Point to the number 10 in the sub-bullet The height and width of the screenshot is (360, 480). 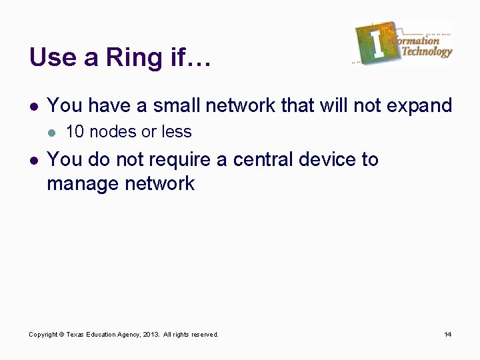(x=75, y=132)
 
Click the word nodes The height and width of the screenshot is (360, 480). (x=109, y=132)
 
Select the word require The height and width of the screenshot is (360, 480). (x=183, y=160)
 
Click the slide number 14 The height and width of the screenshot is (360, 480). (x=447, y=334)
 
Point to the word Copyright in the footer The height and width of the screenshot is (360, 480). (x=43, y=334)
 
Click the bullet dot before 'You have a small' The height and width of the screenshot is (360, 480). (x=33, y=106)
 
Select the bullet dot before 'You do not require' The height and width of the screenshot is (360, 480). (x=33, y=161)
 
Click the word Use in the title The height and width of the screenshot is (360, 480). (x=50, y=57)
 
